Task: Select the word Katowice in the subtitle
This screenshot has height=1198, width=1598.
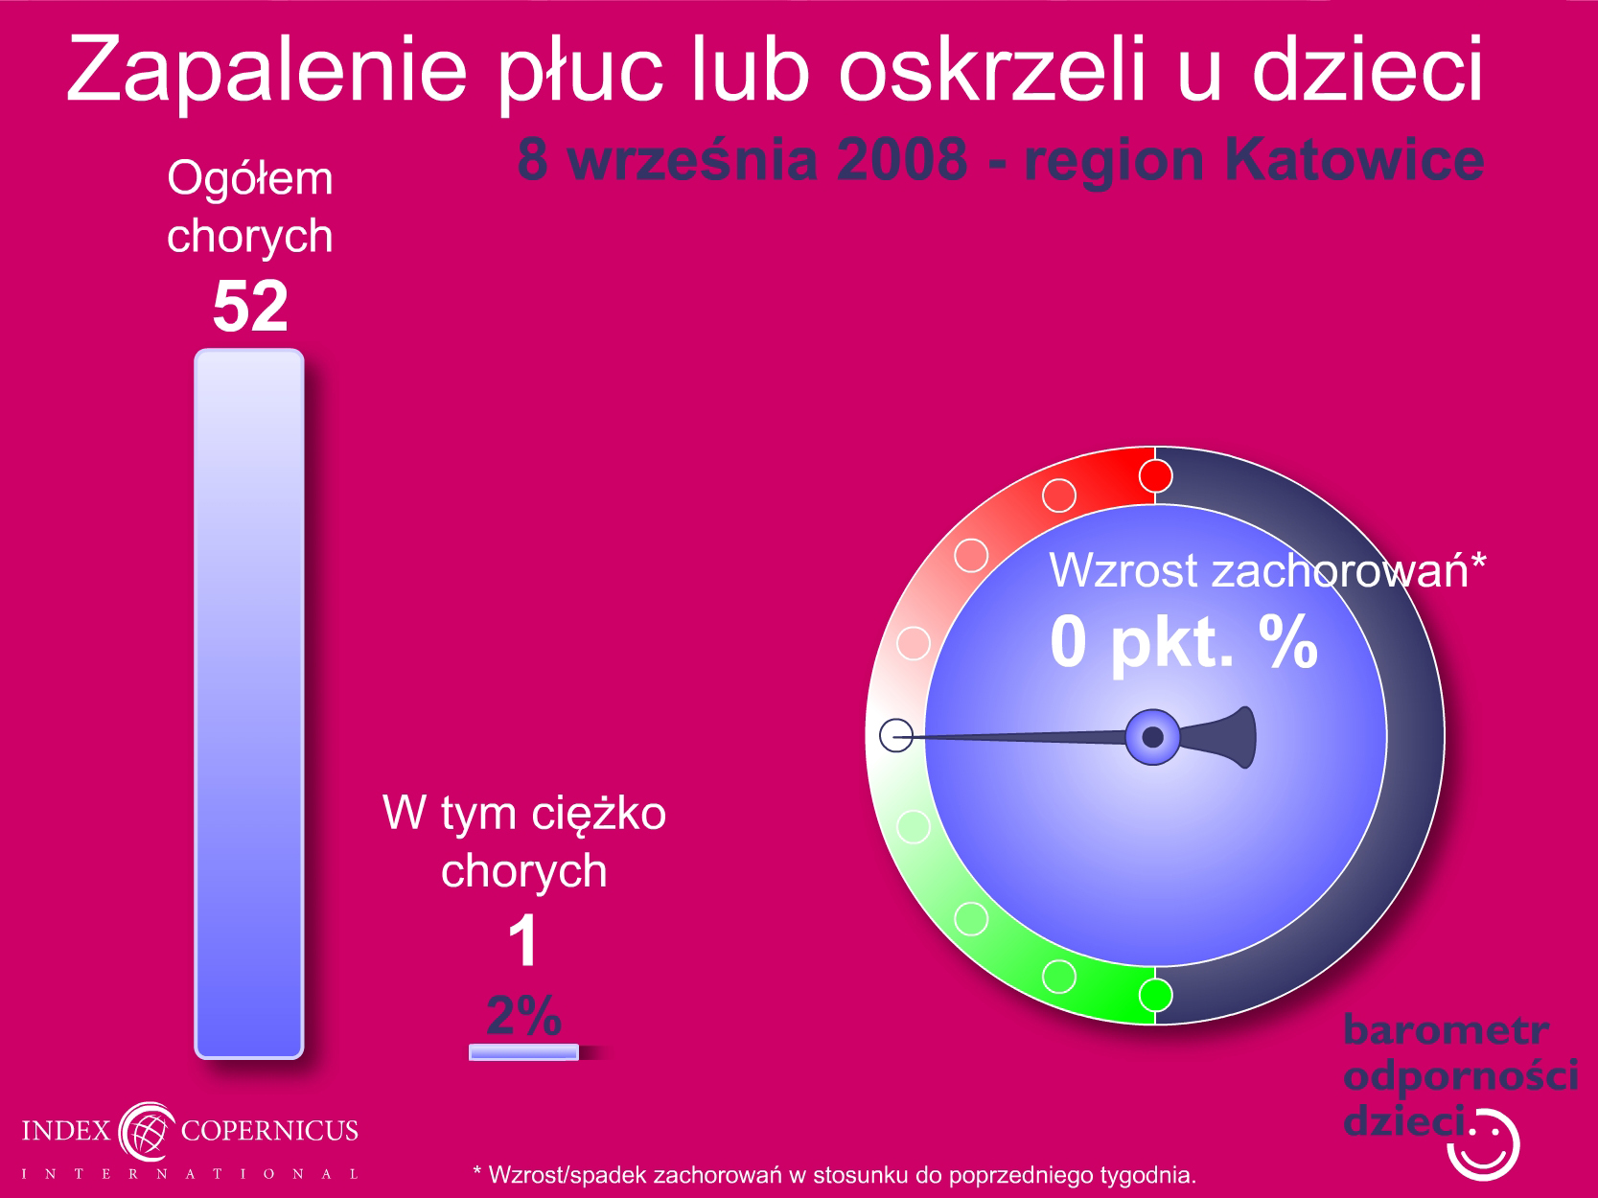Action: (x=1355, y=159)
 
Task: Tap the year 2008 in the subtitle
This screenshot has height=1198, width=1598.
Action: (x=902, y=159)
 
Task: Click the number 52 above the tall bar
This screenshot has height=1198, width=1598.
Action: (x=250, y=307)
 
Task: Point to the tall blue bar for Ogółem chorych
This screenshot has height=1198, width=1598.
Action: (x=249, y=703)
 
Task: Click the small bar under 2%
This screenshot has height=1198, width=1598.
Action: (x=524, y=1052)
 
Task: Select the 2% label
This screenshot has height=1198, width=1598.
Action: (x=524, y=1015)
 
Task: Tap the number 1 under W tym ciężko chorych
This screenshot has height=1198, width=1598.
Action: (x=523, y=940)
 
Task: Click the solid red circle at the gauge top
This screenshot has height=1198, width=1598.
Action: (x=1155, y=476)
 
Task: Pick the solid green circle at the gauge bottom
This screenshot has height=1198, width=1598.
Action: (x=1155, y=995)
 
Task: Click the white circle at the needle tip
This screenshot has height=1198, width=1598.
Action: (x=896, y=735)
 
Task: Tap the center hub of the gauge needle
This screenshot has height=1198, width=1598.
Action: (x=1152, y=737)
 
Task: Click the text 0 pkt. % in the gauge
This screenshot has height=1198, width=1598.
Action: (x=1184, y=642)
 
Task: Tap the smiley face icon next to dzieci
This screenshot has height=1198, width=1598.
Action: (x=1483, y=1144)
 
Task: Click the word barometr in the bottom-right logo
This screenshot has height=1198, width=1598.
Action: (x=1446, y=1030)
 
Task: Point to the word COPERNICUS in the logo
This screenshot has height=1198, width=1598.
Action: (x=269, y=1130)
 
